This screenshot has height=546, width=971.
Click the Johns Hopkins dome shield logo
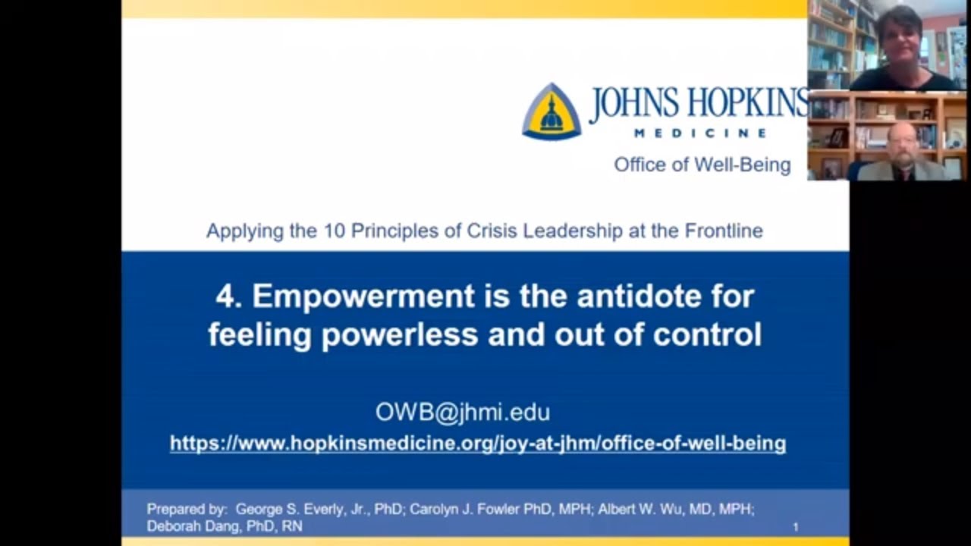coord(551,111)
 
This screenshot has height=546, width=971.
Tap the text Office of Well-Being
coord(702,165)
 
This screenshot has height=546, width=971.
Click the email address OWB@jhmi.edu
coord(462,412)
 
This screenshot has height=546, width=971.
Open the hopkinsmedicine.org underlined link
coord(477,443)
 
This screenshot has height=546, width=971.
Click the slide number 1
coord(795,526)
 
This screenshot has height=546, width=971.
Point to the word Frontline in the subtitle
coord(724,231)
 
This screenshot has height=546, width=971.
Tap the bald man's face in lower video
coord(902,142)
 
